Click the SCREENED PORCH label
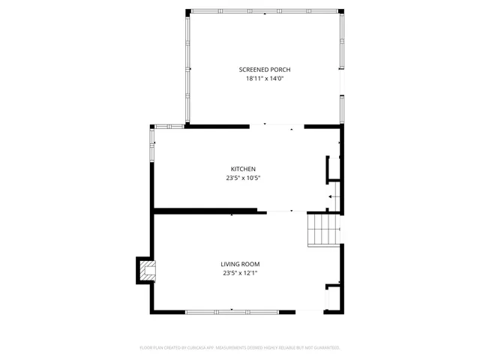(265, 69)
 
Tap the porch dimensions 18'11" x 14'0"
(265, 78)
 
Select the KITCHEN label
(243, 169)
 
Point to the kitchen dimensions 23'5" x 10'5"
(243, 178)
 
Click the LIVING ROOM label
(240, 264)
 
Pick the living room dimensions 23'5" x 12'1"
(240, 273)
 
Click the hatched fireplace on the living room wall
(148, 271)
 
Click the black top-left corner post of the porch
(187, 10)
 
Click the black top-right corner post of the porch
(341, 10)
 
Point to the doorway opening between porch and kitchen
(277, 125)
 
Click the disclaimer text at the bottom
(240, 348)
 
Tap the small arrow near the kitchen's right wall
(330, 196)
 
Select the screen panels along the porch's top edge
(264, 10)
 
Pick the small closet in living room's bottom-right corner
(333, 298)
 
